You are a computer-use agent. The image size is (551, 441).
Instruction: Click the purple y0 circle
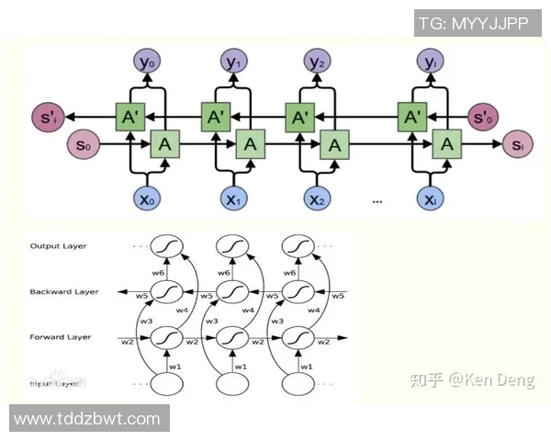146,62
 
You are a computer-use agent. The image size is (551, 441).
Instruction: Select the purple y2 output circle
318,62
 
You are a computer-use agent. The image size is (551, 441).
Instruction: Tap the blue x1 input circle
232,198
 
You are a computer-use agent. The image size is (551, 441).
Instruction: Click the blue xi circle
429,198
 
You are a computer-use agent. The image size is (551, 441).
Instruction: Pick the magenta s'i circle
44,118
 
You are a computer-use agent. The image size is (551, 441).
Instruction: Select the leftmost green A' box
131,117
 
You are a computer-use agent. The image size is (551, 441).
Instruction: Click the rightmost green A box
447,144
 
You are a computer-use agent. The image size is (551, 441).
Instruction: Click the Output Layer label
58,246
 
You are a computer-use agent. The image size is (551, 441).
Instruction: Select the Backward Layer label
64,292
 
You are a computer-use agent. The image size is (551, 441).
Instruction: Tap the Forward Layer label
61,337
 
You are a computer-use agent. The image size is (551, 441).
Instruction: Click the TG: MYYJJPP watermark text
473,23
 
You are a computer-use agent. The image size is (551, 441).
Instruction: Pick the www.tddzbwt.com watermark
87,419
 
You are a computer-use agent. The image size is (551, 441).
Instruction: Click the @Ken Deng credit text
471,379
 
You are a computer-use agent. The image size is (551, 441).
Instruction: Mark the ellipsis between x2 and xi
377,200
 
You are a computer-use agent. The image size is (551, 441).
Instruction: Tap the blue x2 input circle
318,198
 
